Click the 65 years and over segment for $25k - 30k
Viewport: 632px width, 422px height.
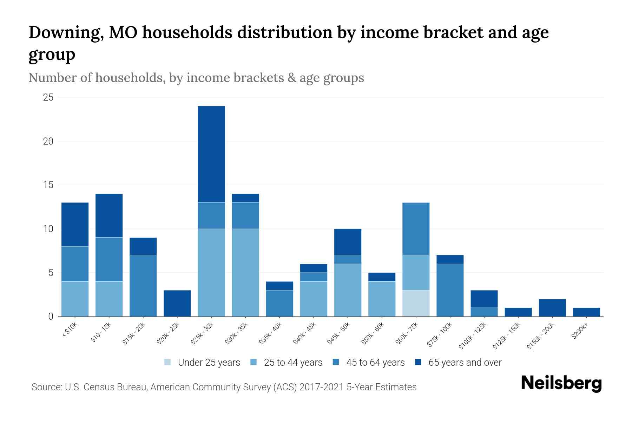tap(211, 154)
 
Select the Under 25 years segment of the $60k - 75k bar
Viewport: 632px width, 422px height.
tap(416, 303)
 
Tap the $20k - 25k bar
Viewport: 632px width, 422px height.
tap(177, 303)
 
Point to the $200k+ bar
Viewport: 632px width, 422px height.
tap(586, 312)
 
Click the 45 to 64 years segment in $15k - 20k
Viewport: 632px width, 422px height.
tap(143, 286)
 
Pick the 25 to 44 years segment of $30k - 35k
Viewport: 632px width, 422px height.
tap(245, 273)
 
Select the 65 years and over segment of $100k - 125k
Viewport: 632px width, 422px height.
tap(484, 299)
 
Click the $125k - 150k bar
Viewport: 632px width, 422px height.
tap(518, 312)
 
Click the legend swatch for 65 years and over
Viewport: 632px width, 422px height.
tap(418, 362)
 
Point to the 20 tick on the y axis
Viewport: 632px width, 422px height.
tap(48, 141)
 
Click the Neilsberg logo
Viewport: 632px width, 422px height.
tap(561, 383)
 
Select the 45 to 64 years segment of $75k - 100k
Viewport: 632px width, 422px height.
tap(450, 290)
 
